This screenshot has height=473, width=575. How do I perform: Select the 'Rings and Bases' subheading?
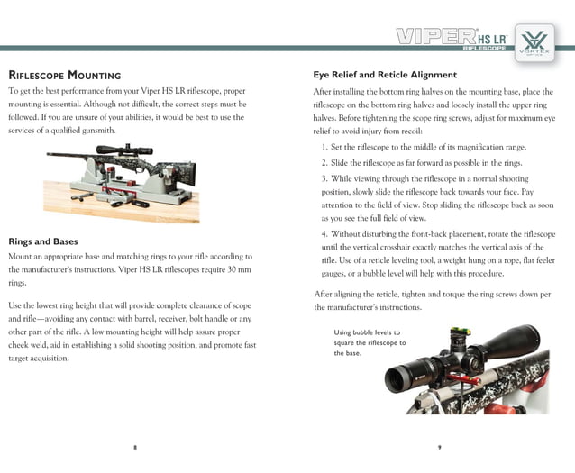point(42,241)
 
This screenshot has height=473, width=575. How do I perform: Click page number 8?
point(134,447)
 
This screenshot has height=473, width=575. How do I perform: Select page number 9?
point(439,447)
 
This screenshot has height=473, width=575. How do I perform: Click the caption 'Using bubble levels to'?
point(369,332)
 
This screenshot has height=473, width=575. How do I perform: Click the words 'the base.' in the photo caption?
point(348,354)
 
